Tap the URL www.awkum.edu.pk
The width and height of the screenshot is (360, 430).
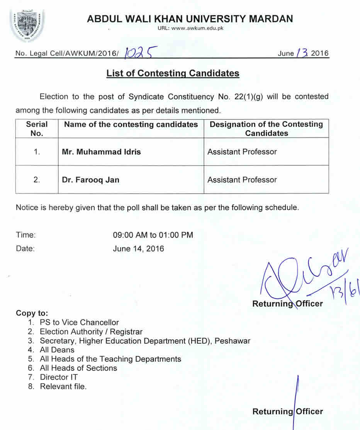[190, 28]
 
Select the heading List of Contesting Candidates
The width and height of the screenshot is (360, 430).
[173, 73]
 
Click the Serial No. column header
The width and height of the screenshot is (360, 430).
[37, 129]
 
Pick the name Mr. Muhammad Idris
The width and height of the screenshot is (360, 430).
[101, 152]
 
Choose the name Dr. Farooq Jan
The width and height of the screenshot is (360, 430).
[90, 180]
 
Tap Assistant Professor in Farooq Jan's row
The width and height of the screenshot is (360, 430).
[242, 180]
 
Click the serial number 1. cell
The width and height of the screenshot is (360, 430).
[37, 152]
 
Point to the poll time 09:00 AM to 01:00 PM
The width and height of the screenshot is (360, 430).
[153, 235]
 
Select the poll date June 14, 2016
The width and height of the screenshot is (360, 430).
[138, 248]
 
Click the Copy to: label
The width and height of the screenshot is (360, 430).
[32, 313]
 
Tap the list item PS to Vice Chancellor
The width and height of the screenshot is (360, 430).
[79, 322]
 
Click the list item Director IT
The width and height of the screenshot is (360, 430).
[59, 377]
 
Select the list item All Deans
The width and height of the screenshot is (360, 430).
[57, 350]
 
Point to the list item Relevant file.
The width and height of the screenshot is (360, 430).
[63, 386]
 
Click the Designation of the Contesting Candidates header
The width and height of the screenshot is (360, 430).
[266, 129]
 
